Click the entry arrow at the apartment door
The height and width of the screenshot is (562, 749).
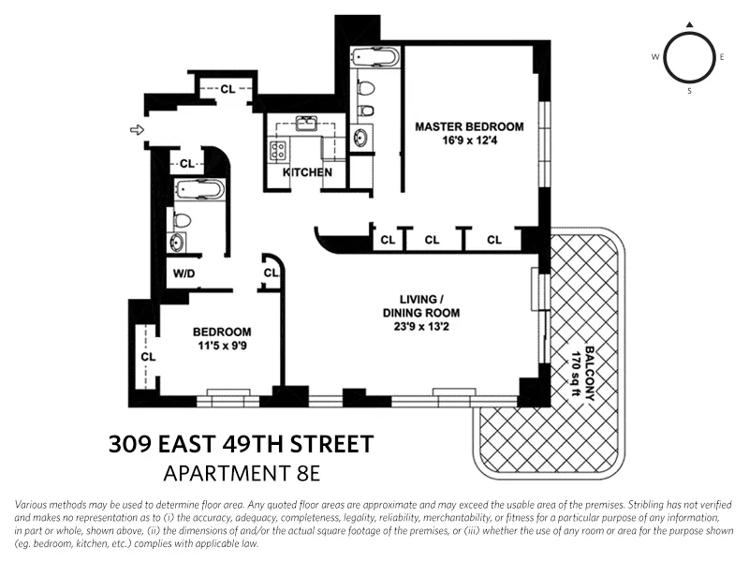(x=138, y=130)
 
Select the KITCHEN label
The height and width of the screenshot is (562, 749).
(x=306, y=172)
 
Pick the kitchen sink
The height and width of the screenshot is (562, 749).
(x=305, y=123)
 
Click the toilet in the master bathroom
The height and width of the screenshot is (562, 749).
(x=366, y=90)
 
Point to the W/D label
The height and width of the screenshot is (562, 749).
(x=184, y=274)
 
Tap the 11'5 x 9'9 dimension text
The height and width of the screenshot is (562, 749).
(x=222, y=347)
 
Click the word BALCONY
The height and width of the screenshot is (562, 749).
(x=589, y=371)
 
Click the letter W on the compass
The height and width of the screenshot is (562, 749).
(x=655, y=57)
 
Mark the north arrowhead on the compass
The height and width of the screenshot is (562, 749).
(x=690, y=24)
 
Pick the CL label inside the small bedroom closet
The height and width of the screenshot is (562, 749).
(x=147, y=356)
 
